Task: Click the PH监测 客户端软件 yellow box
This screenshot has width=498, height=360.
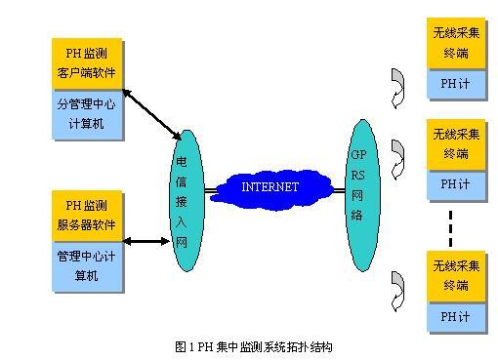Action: (x=87, y=63)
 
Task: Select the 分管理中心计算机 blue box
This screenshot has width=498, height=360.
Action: (x=87, y=114)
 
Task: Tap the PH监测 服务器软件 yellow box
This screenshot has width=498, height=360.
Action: (x=87, y=216)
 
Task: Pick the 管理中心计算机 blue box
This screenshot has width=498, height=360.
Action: (x=87, y=266)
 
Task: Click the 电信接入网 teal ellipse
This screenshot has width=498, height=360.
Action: (x=187, y=201)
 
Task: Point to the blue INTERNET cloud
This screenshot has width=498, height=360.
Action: (x=270, y=189)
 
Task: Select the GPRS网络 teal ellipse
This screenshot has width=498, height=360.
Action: (x=362, y=195)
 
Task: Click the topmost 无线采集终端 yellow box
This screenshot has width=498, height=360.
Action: (x=456, y=43)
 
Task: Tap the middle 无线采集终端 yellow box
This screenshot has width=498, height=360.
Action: (x=456, y=144)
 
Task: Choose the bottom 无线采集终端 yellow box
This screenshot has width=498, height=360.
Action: (x=456, y=276)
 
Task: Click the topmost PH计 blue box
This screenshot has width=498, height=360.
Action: (x=456, y=84)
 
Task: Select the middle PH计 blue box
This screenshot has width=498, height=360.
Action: (x=456, y=184)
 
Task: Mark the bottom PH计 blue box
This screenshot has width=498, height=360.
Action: (x=456, y=316)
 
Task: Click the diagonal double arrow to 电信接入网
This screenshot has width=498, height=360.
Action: (x=151, y=114)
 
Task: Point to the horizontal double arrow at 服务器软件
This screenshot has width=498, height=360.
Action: (x=146, y=241)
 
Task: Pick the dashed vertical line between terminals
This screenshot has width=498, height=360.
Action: (x=450, y=228)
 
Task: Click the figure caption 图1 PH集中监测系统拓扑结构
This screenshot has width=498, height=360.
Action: (x=254, y=347)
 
